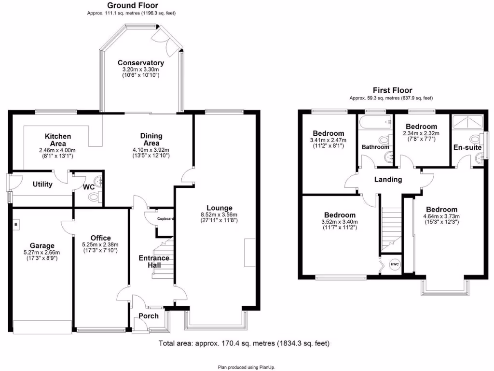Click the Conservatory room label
pyautogui.click(x=140, y=63)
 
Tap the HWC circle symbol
pyautogui.click(x=395, y=264)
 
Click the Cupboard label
pyautogui.click(x=165, y=219)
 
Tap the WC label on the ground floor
pyautogui.click(x=89, y=186)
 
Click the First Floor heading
pyautogui.click(x=392, y=90)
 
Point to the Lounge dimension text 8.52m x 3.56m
pyautogui.click(x=219, y=215)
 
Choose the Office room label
pyautogui.click(x=100, y=238)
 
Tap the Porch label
pyautogui.click(x=149, y=316)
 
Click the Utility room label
pyautogui.click(x=42, y=184)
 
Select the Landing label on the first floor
pyautogui.click(x=388, y=180)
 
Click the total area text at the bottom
pyautogui.click(x=244, y=343)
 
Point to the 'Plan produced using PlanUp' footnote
pyautogui.click(x=247, y=367)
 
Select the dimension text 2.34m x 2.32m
pyautogui.click(x=421, y=133)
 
